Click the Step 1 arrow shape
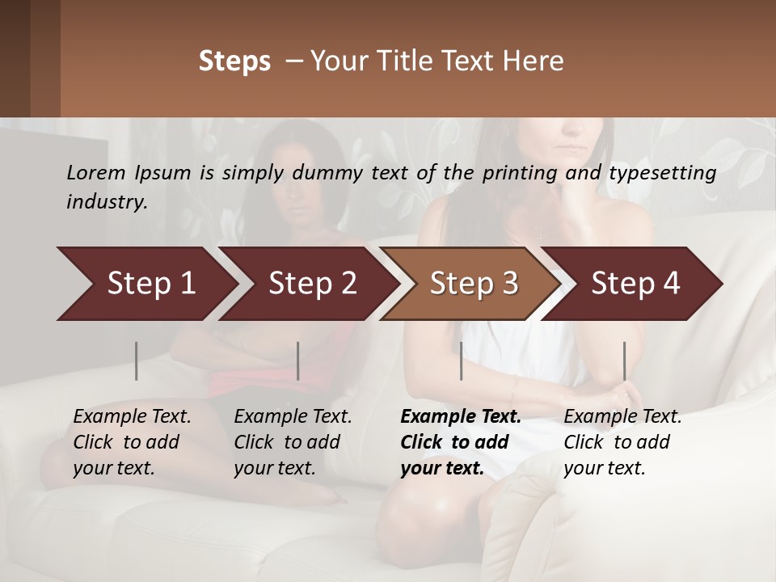pyautogui.click(x=150, y=284)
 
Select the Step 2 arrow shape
pyautogui.click(x=312, y=284)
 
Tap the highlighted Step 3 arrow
pyautogui.click(x=474, y=284)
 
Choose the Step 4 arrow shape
pyautogui.click(x=635, y=284)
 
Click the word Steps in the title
pyautogui.click(x=234, y=61)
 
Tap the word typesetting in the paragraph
pyautogui.click(x=662, y=173)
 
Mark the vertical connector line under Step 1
pyautogui.click(x=137, y=361)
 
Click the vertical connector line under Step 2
pyautogui.click(x=298, y=361)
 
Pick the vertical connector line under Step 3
pyautogui.click(x=461, y=361)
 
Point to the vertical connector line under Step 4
pyautogui.click(x=624, y=361)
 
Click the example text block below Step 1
pyautogui.click(x=131, y=442)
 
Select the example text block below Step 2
pyautogui.click(x=292, y=442)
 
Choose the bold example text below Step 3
pyautogui.click(x=460, y=442)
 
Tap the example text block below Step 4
pyautogui.click(x=622, y=442)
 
